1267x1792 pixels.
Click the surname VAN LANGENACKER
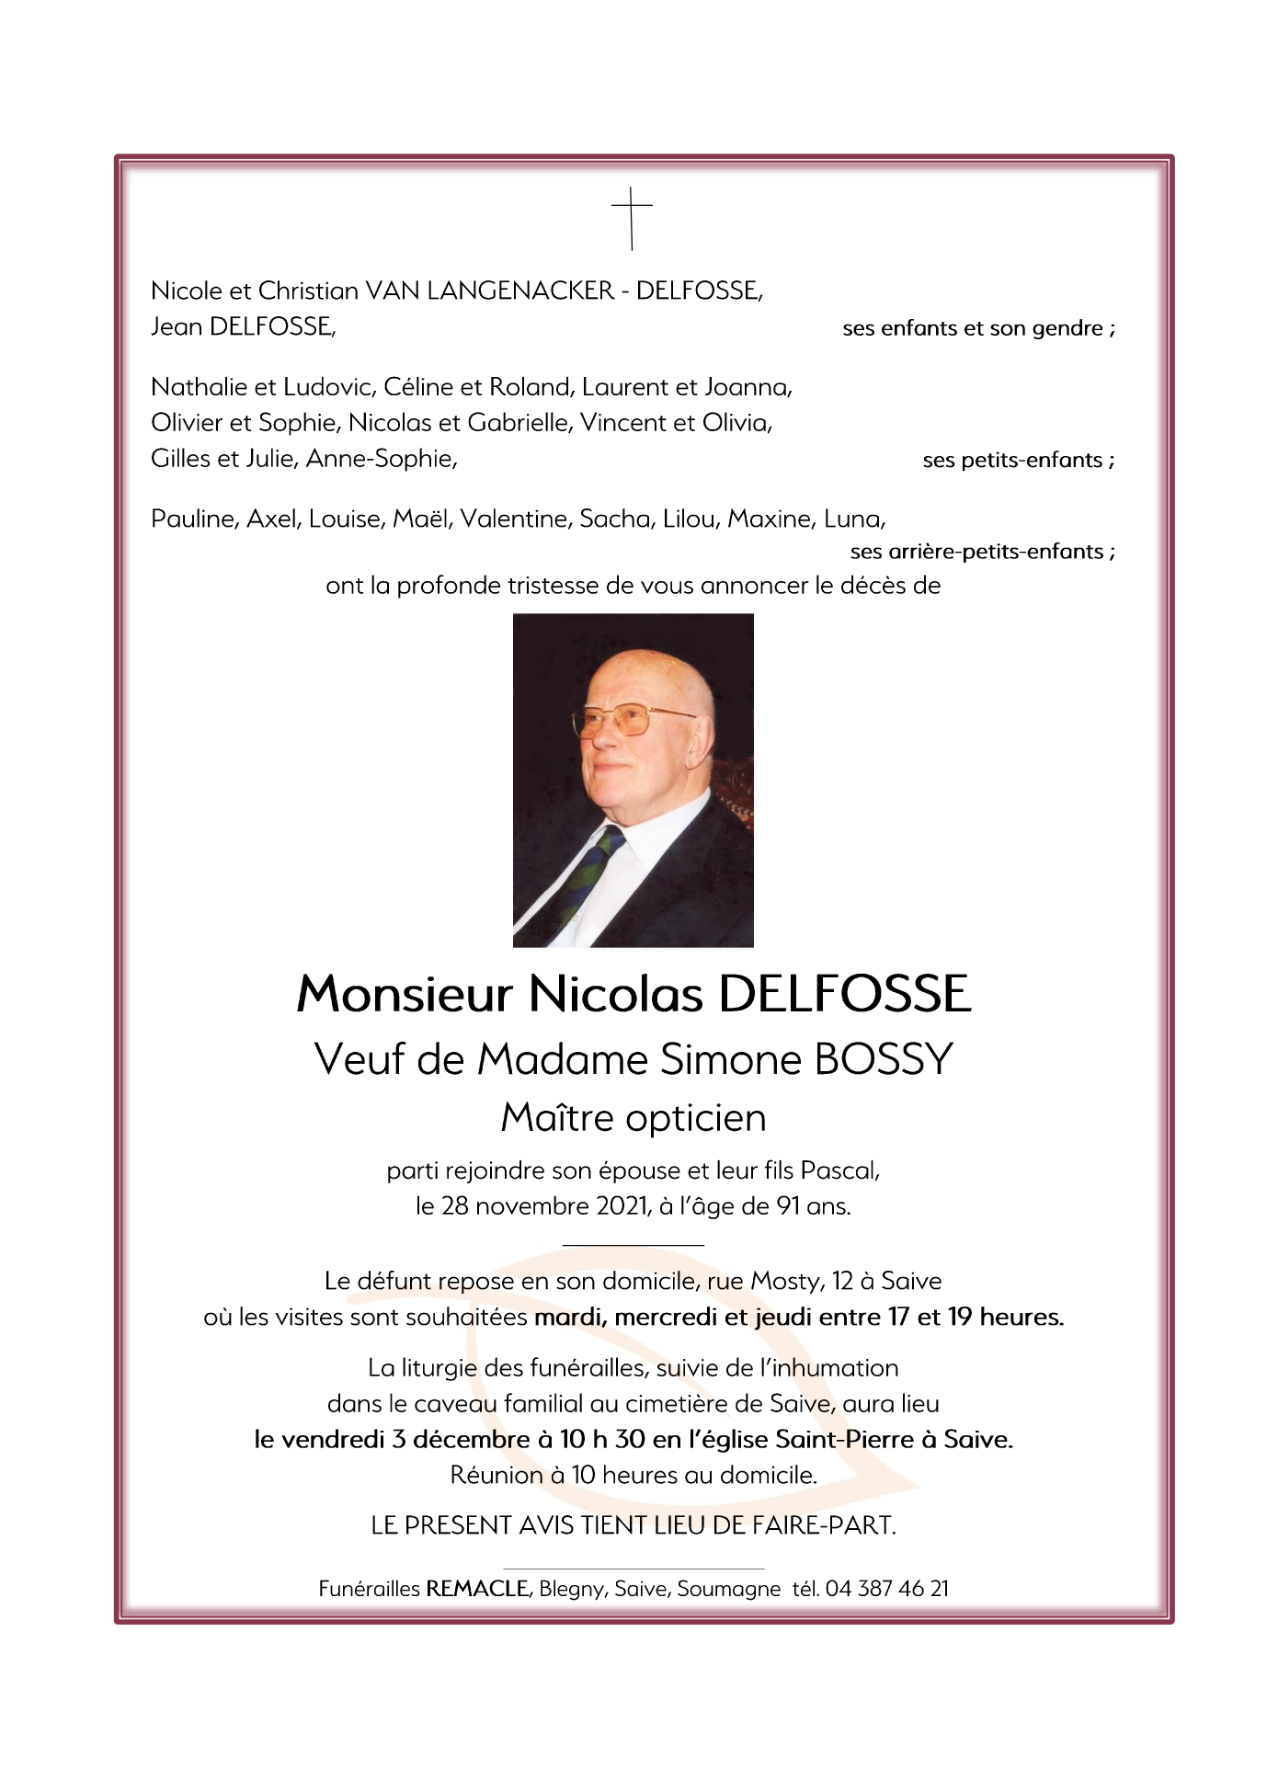click(x=489, y=291)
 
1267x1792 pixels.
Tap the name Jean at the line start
click(x=177, y=326)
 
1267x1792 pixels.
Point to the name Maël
click(x=421, y=519)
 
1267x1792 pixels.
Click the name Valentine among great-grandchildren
click(x=515, y=519)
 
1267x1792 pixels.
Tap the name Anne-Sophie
click(x=381, y=458)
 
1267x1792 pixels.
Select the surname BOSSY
click(x=884, y=1059)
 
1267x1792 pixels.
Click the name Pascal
click(x=839, y=1170)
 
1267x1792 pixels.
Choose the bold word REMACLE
click(x=478, y=1588)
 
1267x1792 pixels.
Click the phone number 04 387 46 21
click(x=886, y=1588)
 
